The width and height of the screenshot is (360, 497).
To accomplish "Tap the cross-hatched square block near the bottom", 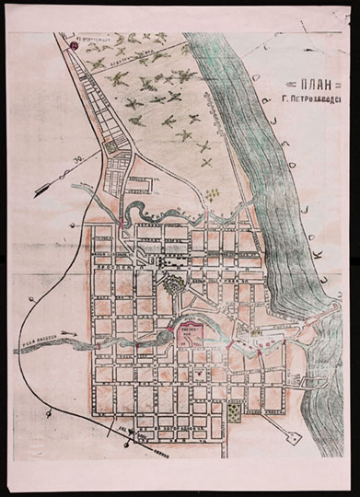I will [x=236, y=411].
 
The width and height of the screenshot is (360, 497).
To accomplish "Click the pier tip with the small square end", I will [x=294, y=438].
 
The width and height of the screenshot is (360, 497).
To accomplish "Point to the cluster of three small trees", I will [x=213, y=194].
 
